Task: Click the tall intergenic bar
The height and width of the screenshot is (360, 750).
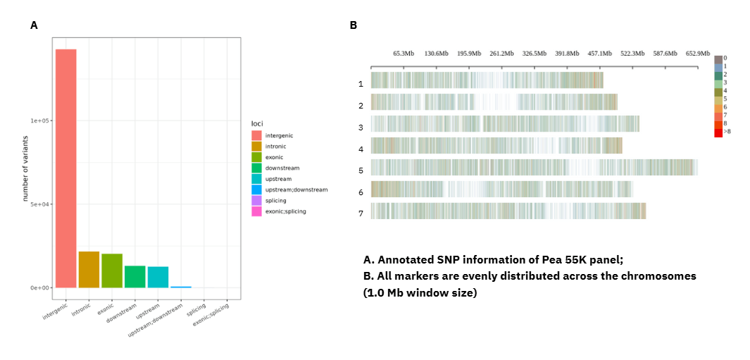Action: click(66, 168)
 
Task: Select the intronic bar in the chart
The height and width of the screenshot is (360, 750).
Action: click(89, 269)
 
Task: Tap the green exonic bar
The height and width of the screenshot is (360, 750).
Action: click(112, 271)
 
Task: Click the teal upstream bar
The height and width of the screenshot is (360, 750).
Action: click(158, 277)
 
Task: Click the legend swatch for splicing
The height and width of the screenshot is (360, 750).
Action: click(256, 201)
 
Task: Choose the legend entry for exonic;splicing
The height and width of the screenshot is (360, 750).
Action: click(285, 211)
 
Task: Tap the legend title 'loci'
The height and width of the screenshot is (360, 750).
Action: click(257, 123)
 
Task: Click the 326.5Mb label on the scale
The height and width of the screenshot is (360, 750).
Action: click(535, 54)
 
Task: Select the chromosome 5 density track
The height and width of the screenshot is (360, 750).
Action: click(534, 167)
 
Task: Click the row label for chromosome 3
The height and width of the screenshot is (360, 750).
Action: click(361, 128)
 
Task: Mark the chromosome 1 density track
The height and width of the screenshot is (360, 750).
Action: click(487, 80)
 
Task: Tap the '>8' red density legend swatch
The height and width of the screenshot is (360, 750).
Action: click(718, 132)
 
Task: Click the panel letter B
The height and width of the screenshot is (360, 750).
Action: click(354, 25)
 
